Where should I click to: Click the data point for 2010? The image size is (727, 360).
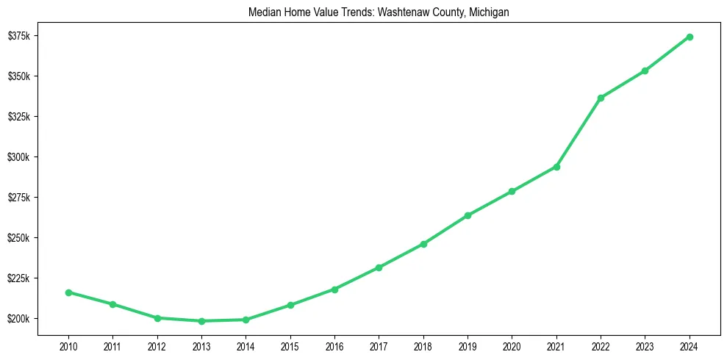click(68, 292)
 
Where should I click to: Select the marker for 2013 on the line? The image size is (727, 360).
click(201, 321)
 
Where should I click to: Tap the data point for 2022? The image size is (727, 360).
click(601, 98)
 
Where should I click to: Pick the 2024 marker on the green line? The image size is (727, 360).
click(690, 37)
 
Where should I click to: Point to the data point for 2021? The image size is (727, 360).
click(556, 167)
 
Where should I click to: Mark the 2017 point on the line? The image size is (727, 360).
click(379, 267)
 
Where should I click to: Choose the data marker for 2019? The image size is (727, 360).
click(468, 215)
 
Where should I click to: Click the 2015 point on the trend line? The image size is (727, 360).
click(290, 305)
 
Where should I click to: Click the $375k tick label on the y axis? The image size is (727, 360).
click(18, 36)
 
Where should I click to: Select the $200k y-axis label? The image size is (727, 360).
click(18, 319)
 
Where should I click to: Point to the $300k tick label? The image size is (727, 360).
click(18, 157)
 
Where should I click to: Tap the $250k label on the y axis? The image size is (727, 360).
click(18, 238)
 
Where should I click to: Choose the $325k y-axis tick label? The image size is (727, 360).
click(18, 117)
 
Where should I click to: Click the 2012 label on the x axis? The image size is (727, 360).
click(157, 345)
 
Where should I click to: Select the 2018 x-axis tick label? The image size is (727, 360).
click(423, 345)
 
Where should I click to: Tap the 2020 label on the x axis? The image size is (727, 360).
click(512, 345)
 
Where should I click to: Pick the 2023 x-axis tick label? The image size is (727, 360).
click(645, 345)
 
